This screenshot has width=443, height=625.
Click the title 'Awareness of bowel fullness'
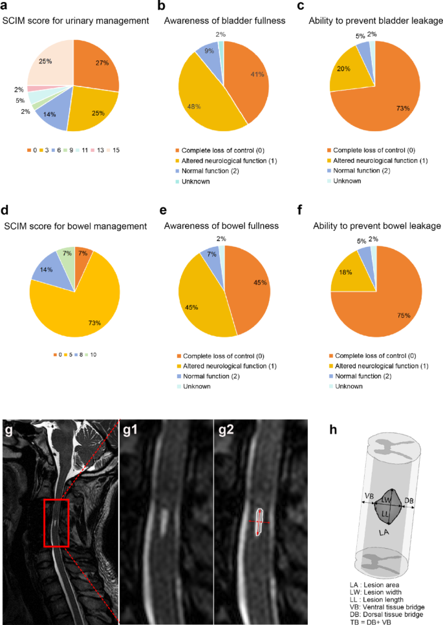[x=220, y=226]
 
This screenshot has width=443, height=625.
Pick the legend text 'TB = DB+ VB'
[x=371, y=620]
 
